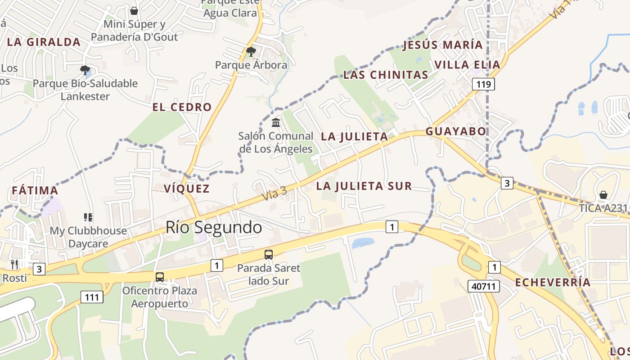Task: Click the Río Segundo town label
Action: click(214, 227)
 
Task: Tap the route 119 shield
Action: click(483, 84)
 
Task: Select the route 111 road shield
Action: click(92, 297)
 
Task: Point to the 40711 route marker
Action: click(484, 286)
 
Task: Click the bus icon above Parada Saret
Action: click(269, 255)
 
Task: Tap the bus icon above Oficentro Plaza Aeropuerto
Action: click(160, 277)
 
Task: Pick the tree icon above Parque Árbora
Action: click(251, 52)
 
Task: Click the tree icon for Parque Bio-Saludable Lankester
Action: click(85, 70)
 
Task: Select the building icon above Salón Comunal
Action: click(276, 122)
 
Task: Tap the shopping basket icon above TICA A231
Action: click(603, 195)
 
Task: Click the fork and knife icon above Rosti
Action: click(14, 264)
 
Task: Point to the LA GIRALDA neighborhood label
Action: click(44, 42)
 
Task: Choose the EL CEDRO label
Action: click(182, 107)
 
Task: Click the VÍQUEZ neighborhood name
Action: click(187, 189)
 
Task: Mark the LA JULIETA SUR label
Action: click(364, 186)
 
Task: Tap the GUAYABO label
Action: click(456, 131)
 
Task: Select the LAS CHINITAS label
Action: click(386, 75)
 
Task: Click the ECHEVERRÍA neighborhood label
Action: click(553, 283)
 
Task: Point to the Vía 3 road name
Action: click(274, 193)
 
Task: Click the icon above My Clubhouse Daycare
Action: click(88, 217)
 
